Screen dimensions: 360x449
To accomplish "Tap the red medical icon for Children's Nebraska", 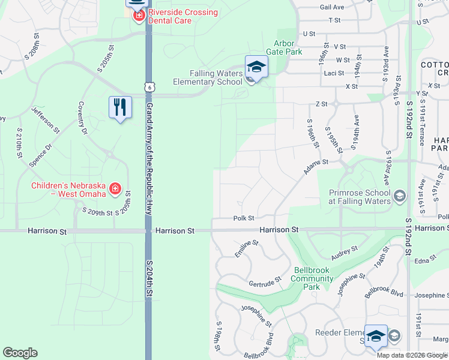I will (115, 190).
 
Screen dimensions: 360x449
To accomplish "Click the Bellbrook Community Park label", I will (312, 278).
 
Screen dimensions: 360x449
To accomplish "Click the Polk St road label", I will (244, 218).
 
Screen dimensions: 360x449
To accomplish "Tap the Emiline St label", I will (247, 248).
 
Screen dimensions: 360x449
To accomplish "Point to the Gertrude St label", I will (265, 282).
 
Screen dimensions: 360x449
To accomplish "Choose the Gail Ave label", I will (332, 7).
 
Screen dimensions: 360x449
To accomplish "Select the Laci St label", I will (333, 73).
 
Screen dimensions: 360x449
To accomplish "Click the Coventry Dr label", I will (82, 118).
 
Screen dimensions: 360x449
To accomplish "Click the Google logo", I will (20, 353).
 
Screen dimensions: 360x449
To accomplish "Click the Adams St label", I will (316, 166).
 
